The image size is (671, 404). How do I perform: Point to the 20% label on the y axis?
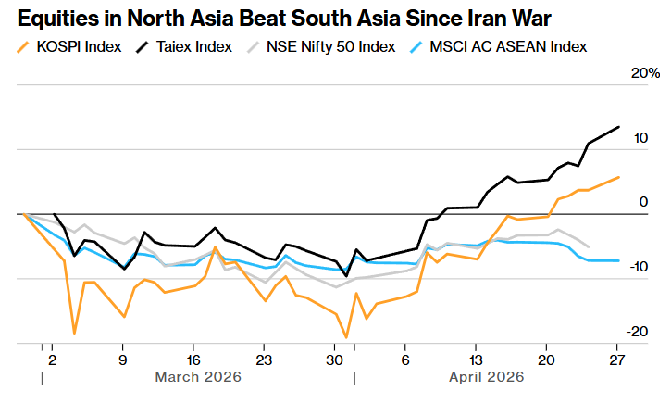pyautogui.click(x=646, y=73)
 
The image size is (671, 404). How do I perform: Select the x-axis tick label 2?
pyautogui.click(x=52, y=360)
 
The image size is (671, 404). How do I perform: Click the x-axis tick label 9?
pyautogui.click(x=122, y=360)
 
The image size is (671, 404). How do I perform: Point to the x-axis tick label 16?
pyautogui.click(x=193, y=360)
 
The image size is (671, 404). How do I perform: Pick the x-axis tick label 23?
pyautogui.click(x=264, y=360)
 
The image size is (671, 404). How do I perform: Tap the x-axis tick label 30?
pyautogui.click(x=334, y=360)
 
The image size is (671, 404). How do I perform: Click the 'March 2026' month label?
pyautogui.click(x=198, y=377)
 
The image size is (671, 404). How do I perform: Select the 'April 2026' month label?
pyautogui.click(x=486, y=377)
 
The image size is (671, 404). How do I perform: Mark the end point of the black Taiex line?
pyautogui.click(x=618, y=127)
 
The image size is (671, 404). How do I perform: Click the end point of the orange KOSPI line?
pyautogui.click(x=618, y=177)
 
